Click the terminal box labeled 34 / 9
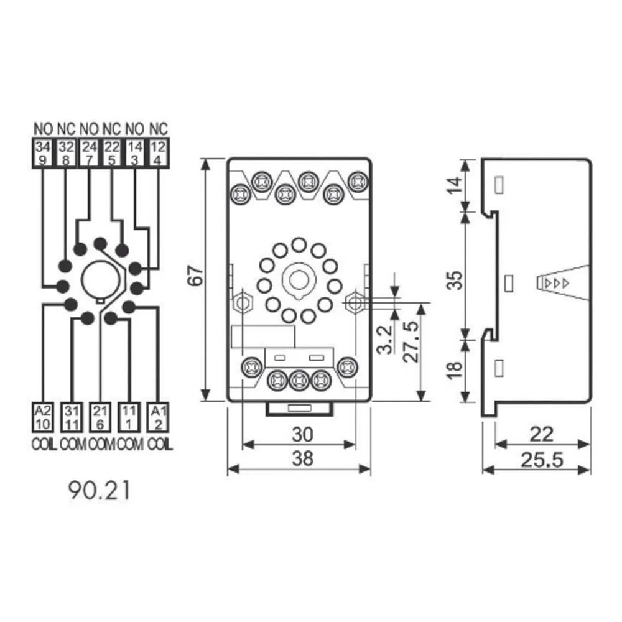tap(42, 153)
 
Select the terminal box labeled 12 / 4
tap(158, 153)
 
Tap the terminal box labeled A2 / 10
tap(42, 417)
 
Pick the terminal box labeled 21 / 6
tap(100, 417)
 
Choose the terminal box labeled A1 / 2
tap(158, 417)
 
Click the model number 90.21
tap(99, 491)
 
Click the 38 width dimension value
tap(303, 458)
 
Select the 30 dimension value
tap(303, 434)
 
